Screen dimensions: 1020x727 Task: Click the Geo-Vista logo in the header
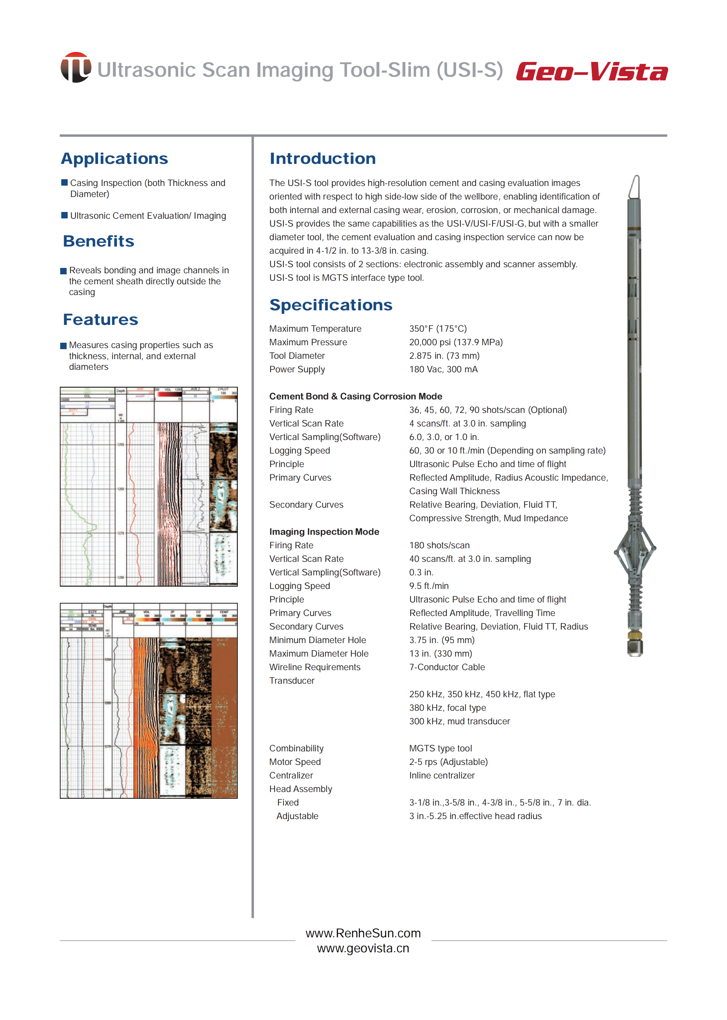[591, 72]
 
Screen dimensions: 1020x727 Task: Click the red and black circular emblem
[76, 67]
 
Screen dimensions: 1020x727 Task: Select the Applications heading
[115, 159]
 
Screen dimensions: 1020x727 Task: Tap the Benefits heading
[98, 241]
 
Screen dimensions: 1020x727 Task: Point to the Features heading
[101, 320]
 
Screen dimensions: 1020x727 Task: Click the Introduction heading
[322, 159]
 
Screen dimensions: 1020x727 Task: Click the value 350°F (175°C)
[438, 328]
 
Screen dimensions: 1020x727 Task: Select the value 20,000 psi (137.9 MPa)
[456, 342]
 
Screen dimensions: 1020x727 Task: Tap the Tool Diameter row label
[297, 356]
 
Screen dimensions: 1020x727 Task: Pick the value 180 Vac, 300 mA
[443, 369]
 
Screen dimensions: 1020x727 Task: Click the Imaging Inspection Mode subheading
[324, 532]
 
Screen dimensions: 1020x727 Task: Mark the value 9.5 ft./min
[429, 586]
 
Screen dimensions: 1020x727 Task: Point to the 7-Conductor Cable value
[447, 667]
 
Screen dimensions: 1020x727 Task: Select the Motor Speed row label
[295, 762]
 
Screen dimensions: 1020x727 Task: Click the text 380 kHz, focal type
[447, 708]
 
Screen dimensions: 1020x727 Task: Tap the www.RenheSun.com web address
[363, 933]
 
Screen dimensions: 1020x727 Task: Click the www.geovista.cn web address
[363, 948]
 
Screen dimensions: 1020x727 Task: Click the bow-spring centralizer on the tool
[634, 549]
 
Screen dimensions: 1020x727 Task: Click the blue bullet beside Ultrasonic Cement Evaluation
[64, 216]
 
